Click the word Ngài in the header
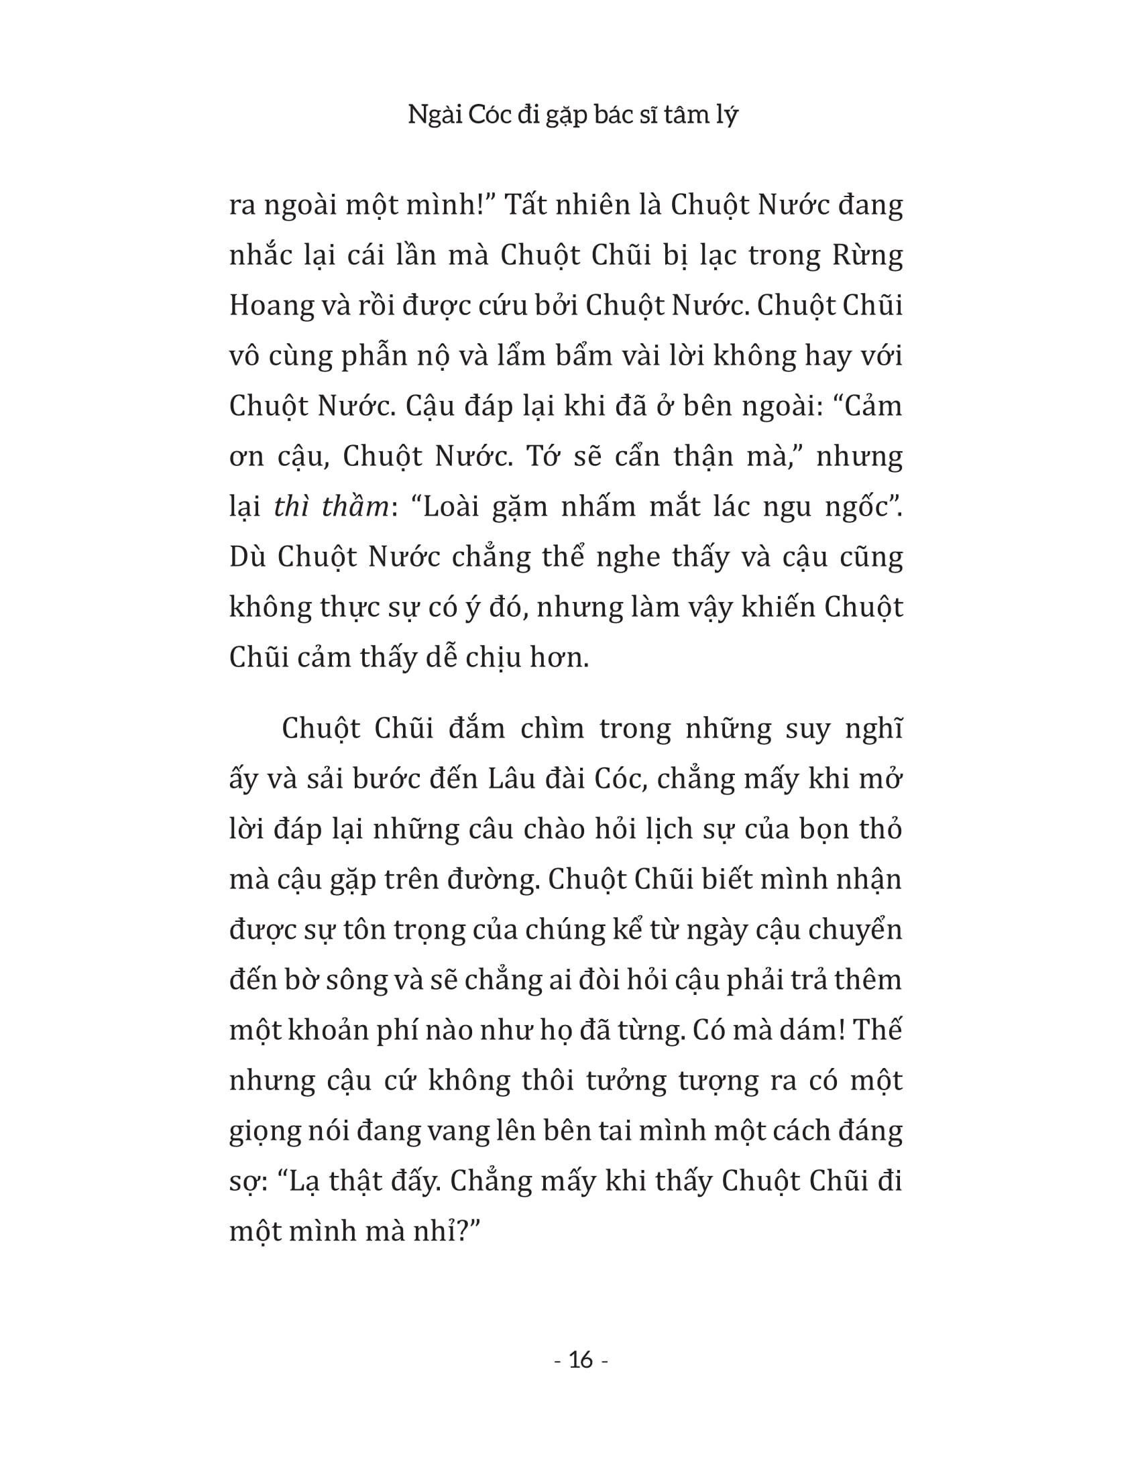pos(429,116)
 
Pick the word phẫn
pos(372,357)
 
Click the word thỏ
pos(878,830)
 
